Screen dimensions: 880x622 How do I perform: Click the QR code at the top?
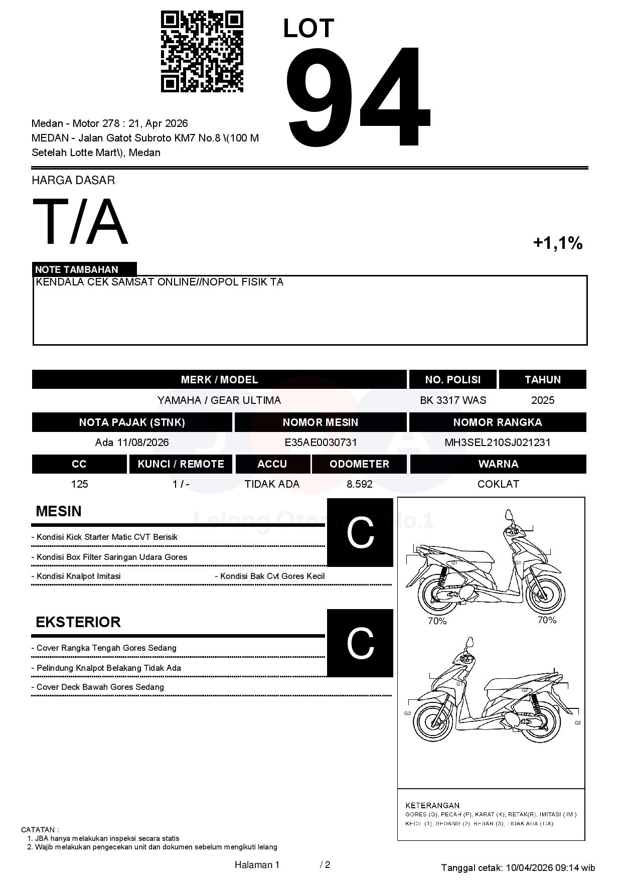click(202, 52)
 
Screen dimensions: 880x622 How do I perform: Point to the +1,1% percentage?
click(557, 243)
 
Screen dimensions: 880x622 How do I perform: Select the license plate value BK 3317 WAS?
click(453, 400)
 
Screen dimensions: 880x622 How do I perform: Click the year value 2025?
click(543, 400)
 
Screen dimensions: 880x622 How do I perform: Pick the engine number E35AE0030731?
click(321, 443)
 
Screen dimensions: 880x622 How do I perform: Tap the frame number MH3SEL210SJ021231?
click(498, 443)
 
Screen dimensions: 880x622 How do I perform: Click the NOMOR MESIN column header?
click(321, 422)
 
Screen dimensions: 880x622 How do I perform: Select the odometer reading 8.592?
click(359, 484)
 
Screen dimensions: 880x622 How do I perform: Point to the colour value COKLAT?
click(498, 484)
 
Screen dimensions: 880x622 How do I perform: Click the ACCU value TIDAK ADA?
click(272, 484)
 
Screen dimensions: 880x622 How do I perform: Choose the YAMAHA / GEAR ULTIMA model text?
click(219, 400)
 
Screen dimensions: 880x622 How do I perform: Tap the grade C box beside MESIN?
click(360, 532)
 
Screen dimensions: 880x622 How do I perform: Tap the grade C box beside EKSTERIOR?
click(360, 643)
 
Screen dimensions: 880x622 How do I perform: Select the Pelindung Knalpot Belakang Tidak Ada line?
click(108, 668)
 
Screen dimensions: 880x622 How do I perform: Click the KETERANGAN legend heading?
click(432, 805)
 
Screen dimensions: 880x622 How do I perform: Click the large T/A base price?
click(80, 222)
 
